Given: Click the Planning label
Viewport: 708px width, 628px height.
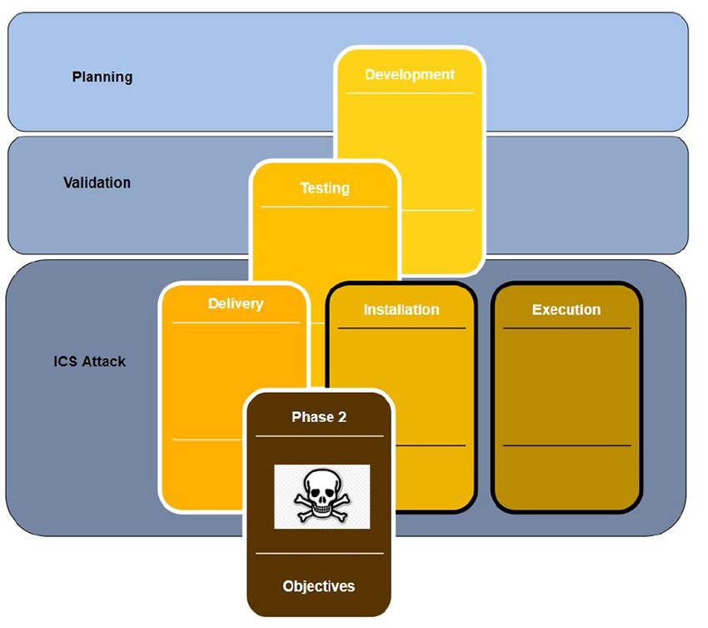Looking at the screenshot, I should point(102,77).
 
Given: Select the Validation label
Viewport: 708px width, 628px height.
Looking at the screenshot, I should point(97,182).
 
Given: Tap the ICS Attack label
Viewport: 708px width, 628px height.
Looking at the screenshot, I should point(89,362).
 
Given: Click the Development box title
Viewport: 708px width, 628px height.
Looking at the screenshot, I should point(410,74).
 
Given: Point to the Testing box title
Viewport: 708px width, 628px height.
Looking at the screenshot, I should point(325,188).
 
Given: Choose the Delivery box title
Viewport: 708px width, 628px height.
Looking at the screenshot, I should point(236,304).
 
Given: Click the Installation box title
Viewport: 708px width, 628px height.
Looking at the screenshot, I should point(401,309).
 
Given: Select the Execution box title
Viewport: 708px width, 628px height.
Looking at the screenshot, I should point(566,309).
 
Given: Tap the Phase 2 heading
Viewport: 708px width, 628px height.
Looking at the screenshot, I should point(319,417).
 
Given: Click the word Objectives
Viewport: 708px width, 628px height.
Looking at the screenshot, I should point(319,586).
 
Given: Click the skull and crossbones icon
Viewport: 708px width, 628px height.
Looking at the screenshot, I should point(322,497).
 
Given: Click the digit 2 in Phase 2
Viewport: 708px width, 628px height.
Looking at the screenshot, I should point(342,417).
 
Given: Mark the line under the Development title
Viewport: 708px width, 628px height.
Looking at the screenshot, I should point(410,93).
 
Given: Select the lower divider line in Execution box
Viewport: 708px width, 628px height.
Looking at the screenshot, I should point(566,445).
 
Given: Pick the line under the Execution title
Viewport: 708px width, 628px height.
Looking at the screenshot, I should point(566,328).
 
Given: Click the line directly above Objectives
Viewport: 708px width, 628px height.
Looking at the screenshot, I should point(319,553).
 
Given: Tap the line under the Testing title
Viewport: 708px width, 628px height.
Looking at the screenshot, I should point(325,206).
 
